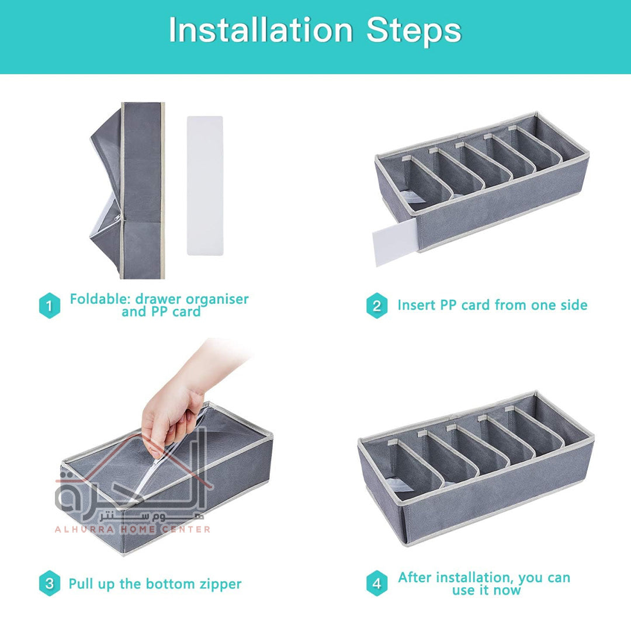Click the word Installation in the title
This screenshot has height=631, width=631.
261,30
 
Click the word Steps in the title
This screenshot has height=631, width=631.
414,30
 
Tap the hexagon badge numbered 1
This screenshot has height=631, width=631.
50,306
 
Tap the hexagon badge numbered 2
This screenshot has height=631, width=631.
377,306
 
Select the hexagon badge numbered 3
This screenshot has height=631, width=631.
50,583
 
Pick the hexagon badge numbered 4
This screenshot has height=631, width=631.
377,583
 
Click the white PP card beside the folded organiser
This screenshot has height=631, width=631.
205,186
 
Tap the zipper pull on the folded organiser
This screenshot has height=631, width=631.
117,218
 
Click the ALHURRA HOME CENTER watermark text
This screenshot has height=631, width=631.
133,529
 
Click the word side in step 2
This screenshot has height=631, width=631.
574,305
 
